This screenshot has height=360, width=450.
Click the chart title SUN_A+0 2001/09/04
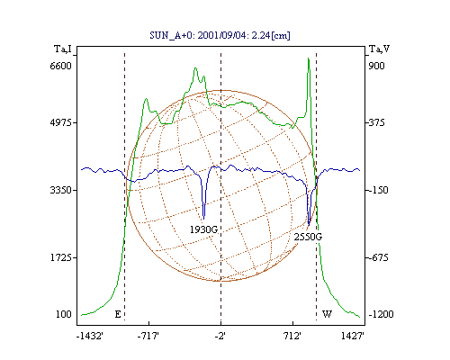(220, 35)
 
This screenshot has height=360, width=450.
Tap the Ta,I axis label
(63, 49)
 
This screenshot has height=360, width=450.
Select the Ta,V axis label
(379, 49)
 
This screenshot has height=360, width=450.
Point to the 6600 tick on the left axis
(60, 66)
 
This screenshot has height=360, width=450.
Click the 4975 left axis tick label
(60, 122)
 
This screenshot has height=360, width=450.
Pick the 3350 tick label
(60, 190)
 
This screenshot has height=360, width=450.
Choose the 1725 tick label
(60, 257)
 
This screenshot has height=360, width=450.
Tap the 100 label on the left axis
(64, 314)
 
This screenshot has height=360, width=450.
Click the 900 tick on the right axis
(376, 66)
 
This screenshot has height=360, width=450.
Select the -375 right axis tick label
(376, 122)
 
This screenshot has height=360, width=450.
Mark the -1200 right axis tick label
(381, 314)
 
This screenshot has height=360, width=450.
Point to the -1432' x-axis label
(90, 336)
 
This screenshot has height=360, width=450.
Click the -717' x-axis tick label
(148, 336)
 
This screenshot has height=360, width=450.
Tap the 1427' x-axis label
(353, 336)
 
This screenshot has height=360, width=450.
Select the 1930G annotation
(203, 229)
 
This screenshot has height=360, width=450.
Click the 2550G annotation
(308, 237)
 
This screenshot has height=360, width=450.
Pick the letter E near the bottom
(118, 314)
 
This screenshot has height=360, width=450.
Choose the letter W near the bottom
(327, 314)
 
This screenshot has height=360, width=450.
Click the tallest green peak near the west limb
(308, 58)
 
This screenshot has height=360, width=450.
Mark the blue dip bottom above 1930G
(203, 219)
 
